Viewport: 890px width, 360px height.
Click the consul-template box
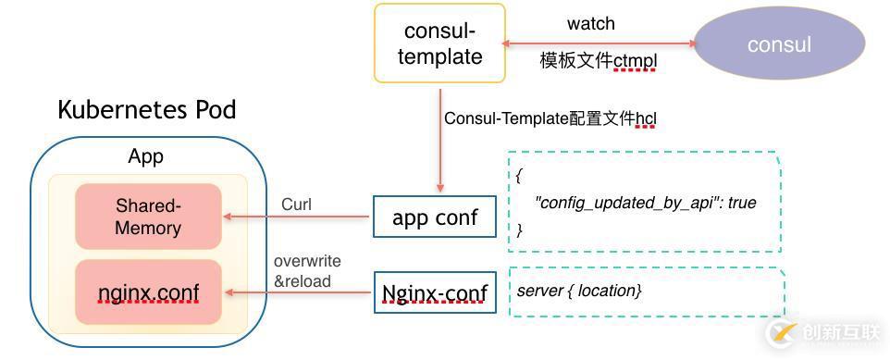tap(439, 43)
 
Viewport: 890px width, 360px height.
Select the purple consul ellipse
tap(779, 43)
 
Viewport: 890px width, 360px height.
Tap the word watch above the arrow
tap(590, 23)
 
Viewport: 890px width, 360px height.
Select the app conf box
tap(435, 217)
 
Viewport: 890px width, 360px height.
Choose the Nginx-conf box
tap(435, 293)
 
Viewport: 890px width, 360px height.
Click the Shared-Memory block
tap(148, 217)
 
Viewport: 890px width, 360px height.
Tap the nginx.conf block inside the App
tap(148, 292)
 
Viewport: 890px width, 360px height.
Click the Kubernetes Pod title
tap(146, 110)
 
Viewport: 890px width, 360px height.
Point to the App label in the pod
tap(145, 156)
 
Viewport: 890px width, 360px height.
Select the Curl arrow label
tap(296, 204)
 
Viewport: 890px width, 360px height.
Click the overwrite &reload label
tap(303, 271)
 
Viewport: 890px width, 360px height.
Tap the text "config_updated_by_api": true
tap(645, 202)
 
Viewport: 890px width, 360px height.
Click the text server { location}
tap(578, 291)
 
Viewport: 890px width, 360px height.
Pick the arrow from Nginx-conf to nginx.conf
tap(301, 293)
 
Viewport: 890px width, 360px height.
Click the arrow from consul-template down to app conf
tap(440, 139)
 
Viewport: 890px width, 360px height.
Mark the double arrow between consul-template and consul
tap(598, 43)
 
